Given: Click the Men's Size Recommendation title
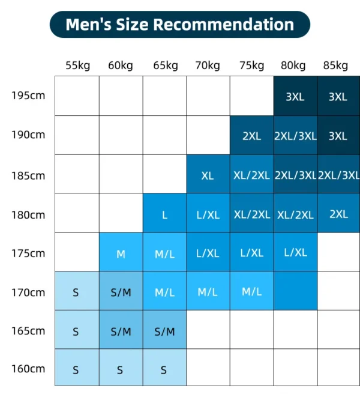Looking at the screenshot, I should click(x=179, y=25).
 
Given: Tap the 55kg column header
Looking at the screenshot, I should click(x=77, y=65).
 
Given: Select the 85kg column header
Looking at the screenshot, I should click(x=335, y=65).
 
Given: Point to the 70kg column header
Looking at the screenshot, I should click(x=207, y=65).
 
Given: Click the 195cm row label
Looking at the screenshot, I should click(x=28, y=95).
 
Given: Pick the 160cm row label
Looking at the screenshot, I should click(x=28, y=368).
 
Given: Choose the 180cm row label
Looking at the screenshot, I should click(x=28, y=214).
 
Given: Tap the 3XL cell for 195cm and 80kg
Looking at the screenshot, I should click(x=295, y=96).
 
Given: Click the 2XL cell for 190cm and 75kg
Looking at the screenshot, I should click(x=251, y=135).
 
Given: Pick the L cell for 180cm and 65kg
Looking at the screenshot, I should click(x=164, y=213).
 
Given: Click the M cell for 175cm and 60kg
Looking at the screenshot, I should click(x=121, y=252).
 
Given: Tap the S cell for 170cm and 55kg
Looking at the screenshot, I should click(x=76, y=291).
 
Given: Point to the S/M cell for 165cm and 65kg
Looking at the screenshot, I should click(x=164, y=330).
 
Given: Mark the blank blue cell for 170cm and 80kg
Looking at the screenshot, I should click(x=295, y=291).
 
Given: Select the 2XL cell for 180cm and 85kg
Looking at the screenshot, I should click(x=338, y=213).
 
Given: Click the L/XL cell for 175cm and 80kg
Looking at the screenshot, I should click(x=295, y=252).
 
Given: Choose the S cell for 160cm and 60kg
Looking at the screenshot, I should click(x=121, y=369).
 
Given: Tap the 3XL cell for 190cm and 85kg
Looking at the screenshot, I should click(x=338, y=135).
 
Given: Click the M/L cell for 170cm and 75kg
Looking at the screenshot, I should click(x=251, y=291).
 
